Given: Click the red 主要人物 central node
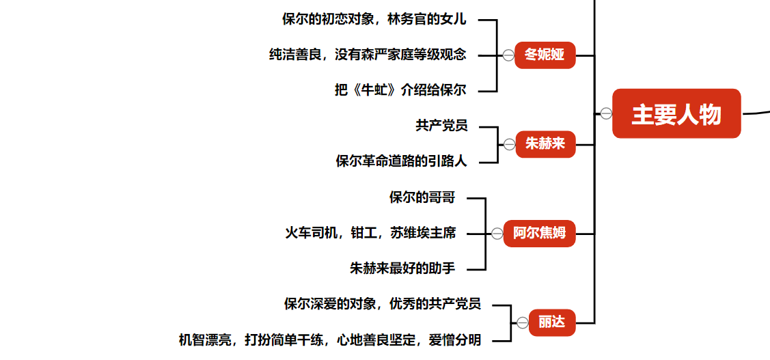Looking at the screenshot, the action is click(x=676, y=113).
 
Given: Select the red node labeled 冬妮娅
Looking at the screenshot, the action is click(x=545, y=55).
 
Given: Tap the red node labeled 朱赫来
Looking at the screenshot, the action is click(x=545, y=144).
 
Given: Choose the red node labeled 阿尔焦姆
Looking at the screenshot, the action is click(x=539, y=234).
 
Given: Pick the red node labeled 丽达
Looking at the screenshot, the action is click(x=552, y=322).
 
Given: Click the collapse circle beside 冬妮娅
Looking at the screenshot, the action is click(x=508, y=55).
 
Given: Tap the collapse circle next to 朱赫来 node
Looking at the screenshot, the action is click(x=509, y=144).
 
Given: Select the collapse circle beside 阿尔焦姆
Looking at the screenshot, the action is click(x=497, y=234).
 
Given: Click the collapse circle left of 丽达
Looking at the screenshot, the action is click(x=523, y=322).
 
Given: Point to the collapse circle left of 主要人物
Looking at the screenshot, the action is click(x=606, y=113).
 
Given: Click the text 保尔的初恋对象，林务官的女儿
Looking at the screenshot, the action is click(x=374, y=20).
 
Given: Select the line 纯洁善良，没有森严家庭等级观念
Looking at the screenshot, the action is click(x=368, y=55).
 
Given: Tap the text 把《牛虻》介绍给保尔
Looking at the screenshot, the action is click(x=400, y=91).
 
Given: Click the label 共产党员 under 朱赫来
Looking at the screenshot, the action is click(x=441, y=126).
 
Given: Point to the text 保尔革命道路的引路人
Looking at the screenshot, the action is click(x=402, y=162).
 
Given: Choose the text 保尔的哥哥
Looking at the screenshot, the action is click(x=422, y=198).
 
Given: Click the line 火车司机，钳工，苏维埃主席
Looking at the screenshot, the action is click(x=370, y=234).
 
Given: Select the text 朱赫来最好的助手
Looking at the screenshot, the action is click(x=402, y=269).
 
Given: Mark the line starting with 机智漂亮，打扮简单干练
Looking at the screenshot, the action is click(x=330, y=340).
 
